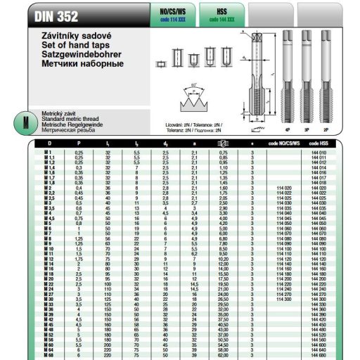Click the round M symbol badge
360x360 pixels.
coord(26,121)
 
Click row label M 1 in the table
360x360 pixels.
coord(49,153)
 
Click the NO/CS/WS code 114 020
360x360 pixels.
coord(283,188)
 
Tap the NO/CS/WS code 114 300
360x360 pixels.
coord(283,299)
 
